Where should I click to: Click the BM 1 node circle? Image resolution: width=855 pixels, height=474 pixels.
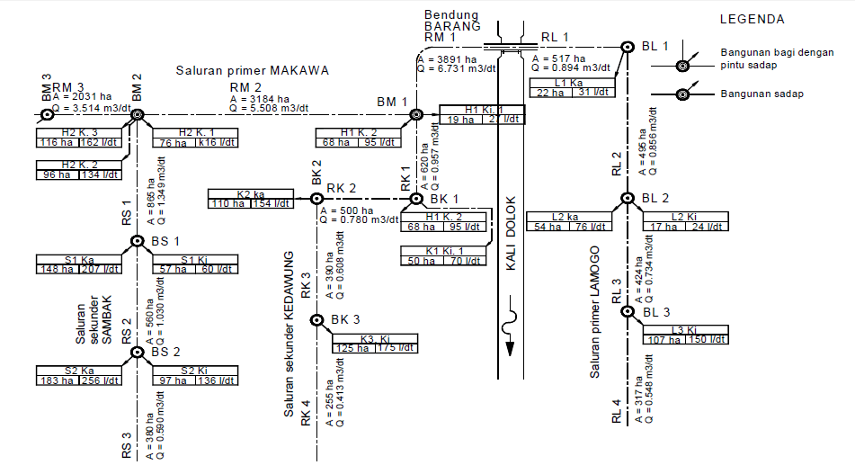pos(416,114)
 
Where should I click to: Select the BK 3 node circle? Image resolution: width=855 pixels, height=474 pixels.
pos(316,320)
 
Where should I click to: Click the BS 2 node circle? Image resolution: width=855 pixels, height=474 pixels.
pos(138,353)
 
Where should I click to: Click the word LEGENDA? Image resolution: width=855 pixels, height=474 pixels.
pos(753,19)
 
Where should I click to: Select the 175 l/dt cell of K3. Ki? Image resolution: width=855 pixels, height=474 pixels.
pos(396,348)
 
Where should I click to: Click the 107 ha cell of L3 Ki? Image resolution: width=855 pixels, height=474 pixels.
pos(664,340)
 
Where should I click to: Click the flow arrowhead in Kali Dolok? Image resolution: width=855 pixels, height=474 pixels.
pos(511,348)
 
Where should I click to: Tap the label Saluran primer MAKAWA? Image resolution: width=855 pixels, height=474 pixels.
pos(253,70)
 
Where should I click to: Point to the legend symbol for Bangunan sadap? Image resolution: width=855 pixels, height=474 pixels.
pos(682,94)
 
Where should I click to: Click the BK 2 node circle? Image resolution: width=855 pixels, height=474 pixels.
pos(316,198)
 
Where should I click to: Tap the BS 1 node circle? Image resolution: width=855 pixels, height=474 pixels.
pos(138,241)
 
